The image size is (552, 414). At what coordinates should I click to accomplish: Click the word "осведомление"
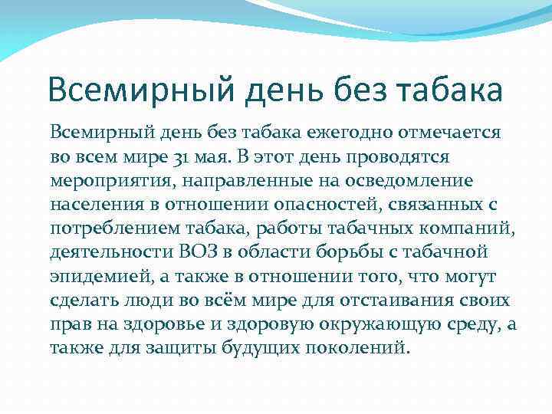click(412, 182)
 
